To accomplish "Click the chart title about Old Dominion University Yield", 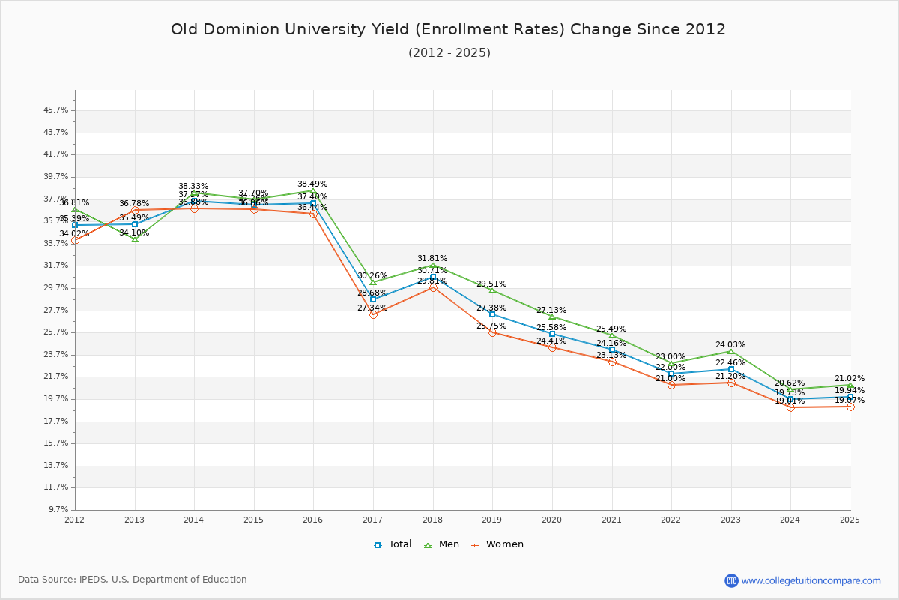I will (x=448, y=29).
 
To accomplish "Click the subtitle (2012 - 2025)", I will (x=449, y=53).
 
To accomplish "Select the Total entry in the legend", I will (x=393, y=544).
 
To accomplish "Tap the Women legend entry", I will (x=497, y=544).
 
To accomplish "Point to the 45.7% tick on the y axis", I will (x=56, y=110).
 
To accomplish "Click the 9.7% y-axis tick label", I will (x=58, y=510).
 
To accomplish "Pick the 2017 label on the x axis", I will (x=372, y=520).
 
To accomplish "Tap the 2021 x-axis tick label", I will (x=611, y=520).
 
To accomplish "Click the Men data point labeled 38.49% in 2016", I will (x=313, y=191).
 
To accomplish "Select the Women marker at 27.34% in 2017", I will (x=373, y=314).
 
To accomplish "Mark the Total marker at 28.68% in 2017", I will (x=373, y=299).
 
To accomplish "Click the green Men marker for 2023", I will (x=731, y=351).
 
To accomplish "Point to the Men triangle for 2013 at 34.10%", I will (x=135, y=239).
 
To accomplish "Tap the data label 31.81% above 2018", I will (x=432, y=259).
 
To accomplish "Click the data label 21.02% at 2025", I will (x=850, y=379).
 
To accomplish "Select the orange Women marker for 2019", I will (x=492, y=332).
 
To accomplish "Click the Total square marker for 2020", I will (x=552, y=334).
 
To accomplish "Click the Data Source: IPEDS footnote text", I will (x=133, y=580).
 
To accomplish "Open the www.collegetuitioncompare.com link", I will (x=811, y=580).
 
